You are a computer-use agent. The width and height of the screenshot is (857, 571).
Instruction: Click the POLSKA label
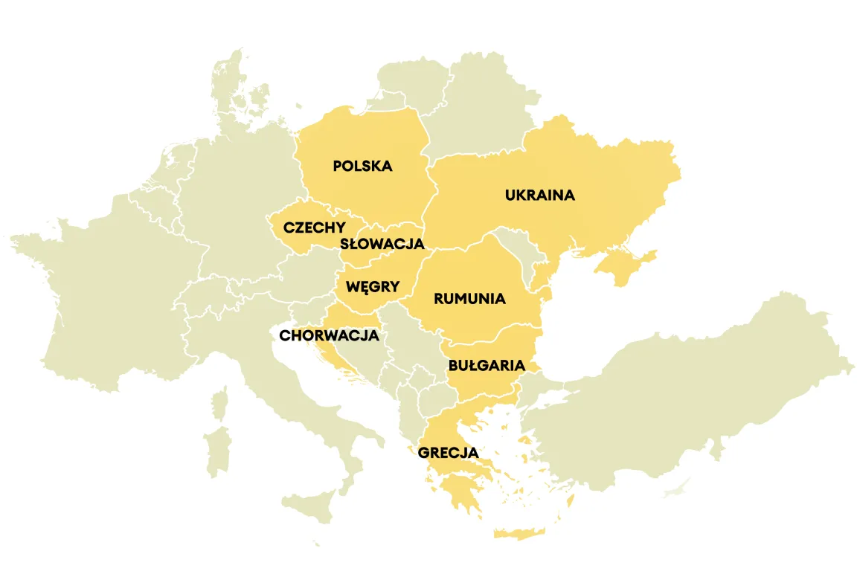362,166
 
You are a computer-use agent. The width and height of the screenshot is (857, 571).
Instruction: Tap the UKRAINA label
539,196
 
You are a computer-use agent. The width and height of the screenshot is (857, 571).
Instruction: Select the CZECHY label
314,228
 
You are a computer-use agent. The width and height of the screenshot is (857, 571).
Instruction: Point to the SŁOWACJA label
382,244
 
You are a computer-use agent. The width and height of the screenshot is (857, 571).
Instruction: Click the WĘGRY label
373,286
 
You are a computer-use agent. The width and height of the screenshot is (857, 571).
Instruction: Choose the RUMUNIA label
469,299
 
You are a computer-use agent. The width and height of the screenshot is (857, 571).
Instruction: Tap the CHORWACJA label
329,335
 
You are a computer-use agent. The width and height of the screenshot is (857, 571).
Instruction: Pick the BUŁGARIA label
487,366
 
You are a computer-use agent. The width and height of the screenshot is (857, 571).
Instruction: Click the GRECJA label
448,452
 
